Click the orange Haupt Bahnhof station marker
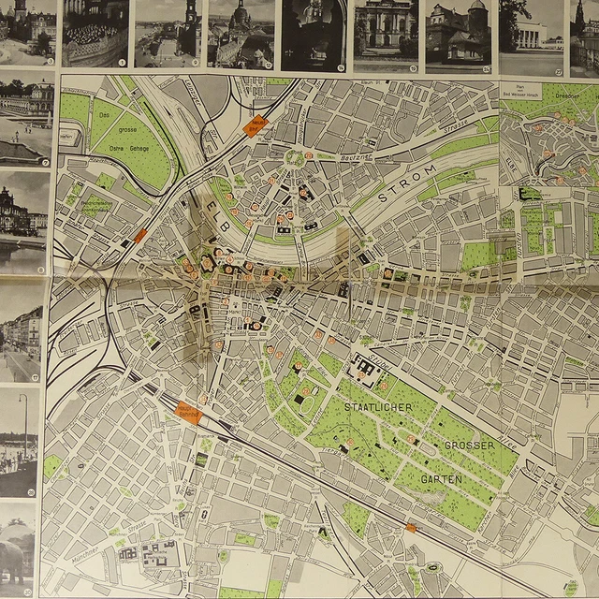point(188,411)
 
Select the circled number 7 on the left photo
point(44,162)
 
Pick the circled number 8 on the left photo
point(40,270)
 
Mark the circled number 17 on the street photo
point(36,378)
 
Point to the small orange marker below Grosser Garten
point(410,529)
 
